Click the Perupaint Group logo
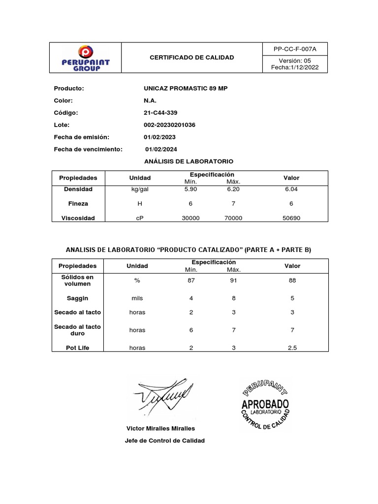86,58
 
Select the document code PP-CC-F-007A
295,49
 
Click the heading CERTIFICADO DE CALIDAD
192,58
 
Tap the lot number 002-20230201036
169,125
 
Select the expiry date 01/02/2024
161,149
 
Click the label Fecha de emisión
81,137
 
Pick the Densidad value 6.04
291,189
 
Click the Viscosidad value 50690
291,218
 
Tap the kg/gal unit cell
140,189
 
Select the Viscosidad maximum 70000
233,218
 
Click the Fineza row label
78,204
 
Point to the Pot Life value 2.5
292,347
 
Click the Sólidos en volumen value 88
292,281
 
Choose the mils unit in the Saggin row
137,298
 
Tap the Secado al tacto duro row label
78,330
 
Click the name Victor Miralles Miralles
161,429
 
